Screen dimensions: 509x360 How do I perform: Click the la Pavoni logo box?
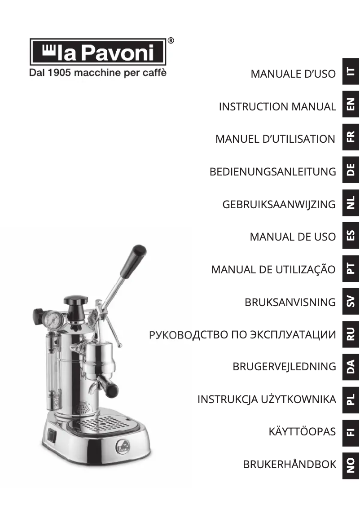tap(98, 52)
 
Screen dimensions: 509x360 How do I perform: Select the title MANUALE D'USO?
tap(293, 74)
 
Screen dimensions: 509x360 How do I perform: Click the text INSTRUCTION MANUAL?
tap(277, 107)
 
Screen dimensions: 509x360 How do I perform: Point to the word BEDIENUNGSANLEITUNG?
tap(272, 171)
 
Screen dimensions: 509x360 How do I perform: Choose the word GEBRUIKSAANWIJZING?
tap(279, 204)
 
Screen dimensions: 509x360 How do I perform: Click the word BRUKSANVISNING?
tap(290, 302)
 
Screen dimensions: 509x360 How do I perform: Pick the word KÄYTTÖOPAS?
tap(302, 432)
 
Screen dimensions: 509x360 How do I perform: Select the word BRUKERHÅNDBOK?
tap(290, 465)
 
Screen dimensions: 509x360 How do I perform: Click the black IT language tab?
tap(351, 71)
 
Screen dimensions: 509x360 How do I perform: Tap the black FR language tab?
tap(351, 136)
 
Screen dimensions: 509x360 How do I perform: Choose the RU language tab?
tap(351, 333)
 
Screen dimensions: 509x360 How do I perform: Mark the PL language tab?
tap(351, 399)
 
